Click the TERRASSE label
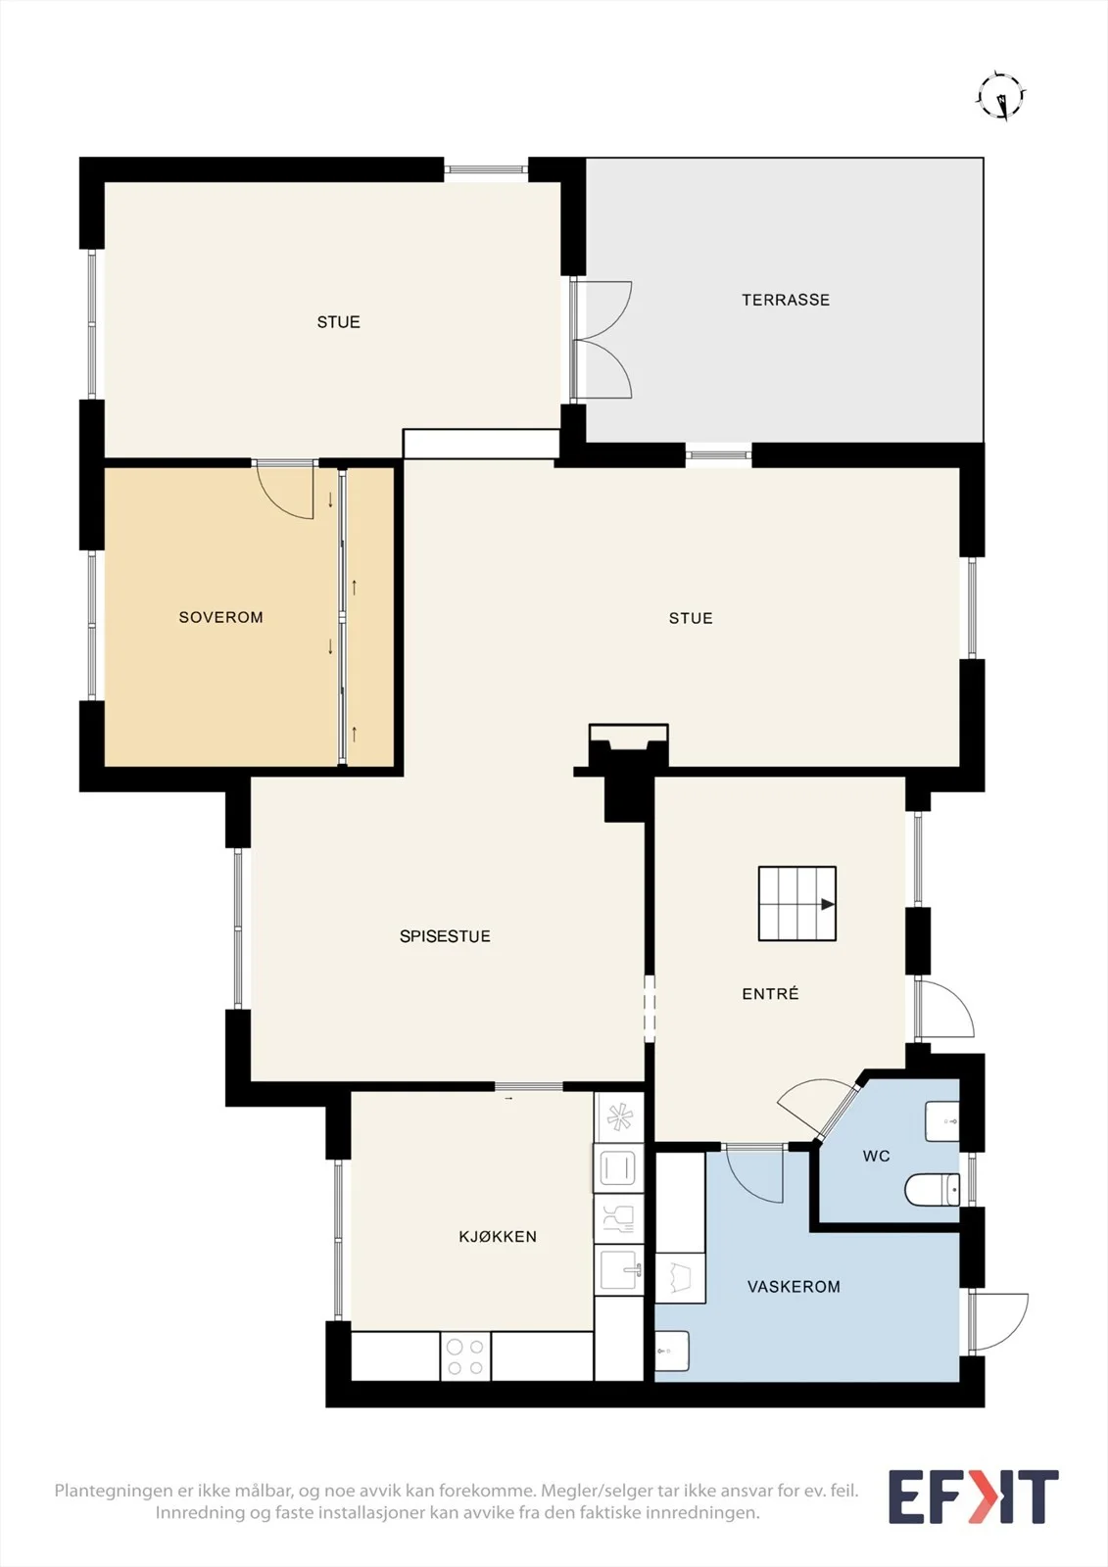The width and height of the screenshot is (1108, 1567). [786, 300]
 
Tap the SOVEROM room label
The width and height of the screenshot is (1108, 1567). [221, 617]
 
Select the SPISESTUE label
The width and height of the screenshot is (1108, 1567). [445, 936]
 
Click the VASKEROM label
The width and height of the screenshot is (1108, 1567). [794, 1286]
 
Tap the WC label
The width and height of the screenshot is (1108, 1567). [877, 1155]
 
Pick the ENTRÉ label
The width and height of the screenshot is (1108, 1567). [770, 993]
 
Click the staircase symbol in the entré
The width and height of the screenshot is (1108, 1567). [797, 904]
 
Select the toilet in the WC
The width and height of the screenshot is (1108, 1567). [933, 1190]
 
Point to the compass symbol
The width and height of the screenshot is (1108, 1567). [1001, 96]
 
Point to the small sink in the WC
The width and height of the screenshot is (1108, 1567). [942, 1121]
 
